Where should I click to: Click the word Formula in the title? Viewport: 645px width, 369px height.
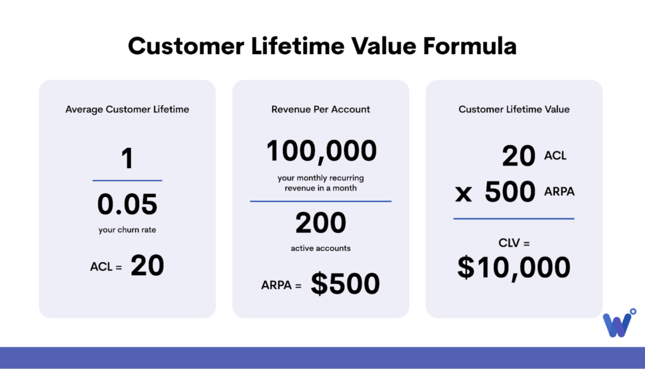pos(470,46)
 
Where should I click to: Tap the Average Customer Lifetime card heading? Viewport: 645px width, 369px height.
pos(127,110)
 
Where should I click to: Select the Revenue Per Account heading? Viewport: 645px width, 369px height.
pos(321,110)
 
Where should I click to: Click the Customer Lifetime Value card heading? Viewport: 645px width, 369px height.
pos(514,110)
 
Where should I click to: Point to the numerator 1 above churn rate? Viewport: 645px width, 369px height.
pos(127,159)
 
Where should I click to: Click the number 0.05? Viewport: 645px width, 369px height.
pos(127,204)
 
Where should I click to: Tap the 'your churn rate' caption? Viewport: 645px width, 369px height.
pos(127,230)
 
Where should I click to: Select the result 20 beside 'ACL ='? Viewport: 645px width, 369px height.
pos(147,265)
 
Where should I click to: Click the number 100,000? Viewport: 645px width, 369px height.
pos(321,150)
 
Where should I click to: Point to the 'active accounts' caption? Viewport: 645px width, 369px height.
pos(321,248)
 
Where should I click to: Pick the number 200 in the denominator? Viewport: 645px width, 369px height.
pos(321,222)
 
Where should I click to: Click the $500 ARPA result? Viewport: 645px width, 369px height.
pos(345,283)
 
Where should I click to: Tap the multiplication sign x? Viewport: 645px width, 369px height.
pos(463,193)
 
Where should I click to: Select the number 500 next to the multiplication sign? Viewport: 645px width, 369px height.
pos(510,191)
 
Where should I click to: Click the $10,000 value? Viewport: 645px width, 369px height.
pos(514,268)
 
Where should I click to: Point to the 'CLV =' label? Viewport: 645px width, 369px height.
pos(514,243)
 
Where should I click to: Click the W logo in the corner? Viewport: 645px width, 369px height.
pos(619,323)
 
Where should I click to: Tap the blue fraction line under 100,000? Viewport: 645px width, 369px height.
pos(321,201)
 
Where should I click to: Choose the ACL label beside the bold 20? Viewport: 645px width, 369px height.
pos(556,156)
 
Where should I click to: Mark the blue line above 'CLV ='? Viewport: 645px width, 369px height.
pos(514,219)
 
